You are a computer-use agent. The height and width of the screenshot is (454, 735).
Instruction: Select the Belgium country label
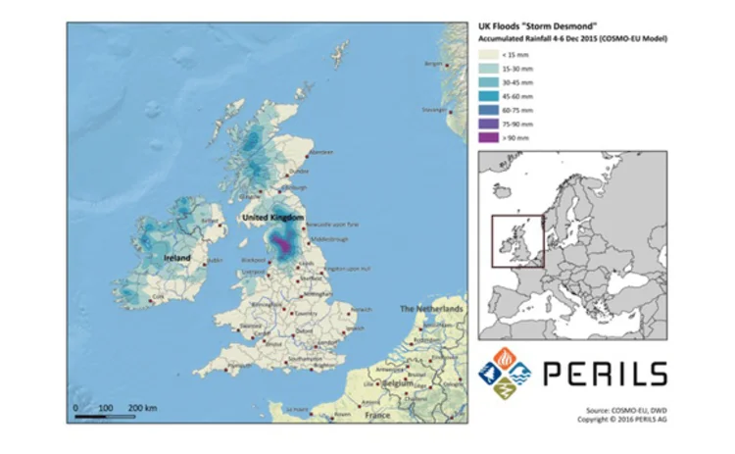[x=397, y=383]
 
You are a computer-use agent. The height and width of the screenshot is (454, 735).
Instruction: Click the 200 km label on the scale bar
[x=143, y=405]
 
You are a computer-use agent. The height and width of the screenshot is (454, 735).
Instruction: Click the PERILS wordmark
[x=604, y=373]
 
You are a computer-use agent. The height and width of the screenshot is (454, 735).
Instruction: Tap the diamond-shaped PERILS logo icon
[x=503, y=374]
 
